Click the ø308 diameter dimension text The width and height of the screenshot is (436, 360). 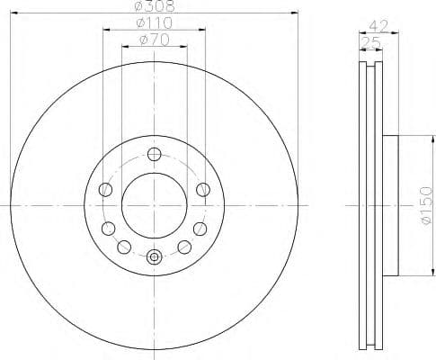coord(154,7)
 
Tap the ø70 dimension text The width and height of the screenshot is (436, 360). coord(154,39)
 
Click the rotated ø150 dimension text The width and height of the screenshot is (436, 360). coord(426,204)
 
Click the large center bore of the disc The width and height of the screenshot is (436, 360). coord(154,204)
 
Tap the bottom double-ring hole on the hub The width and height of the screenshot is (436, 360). coord(154,257)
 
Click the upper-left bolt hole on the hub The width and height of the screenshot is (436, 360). coord(105,189)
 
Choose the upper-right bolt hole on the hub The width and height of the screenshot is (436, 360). coord(203,189)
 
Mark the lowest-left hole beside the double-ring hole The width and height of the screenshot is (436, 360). coord(124,247)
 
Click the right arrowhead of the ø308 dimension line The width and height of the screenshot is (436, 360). coord(293,13)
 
